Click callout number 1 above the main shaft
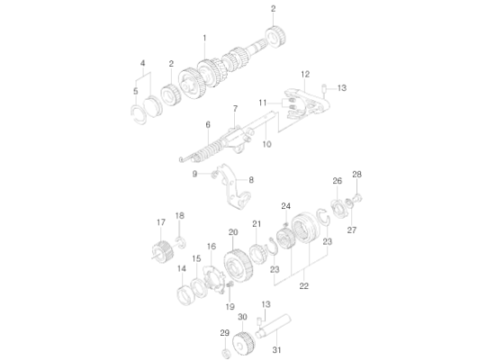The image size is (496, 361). point(204,38)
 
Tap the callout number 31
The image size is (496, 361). point(276,349)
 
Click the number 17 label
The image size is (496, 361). point(161,222)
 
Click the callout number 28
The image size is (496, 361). point(356,174)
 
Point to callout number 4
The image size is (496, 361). point(141,62)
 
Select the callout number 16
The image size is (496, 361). point(212,246)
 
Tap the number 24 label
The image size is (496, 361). point(285,205)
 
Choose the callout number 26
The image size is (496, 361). point(338,181)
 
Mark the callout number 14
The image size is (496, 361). point(181,268)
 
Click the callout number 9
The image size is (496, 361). point(194,173)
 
